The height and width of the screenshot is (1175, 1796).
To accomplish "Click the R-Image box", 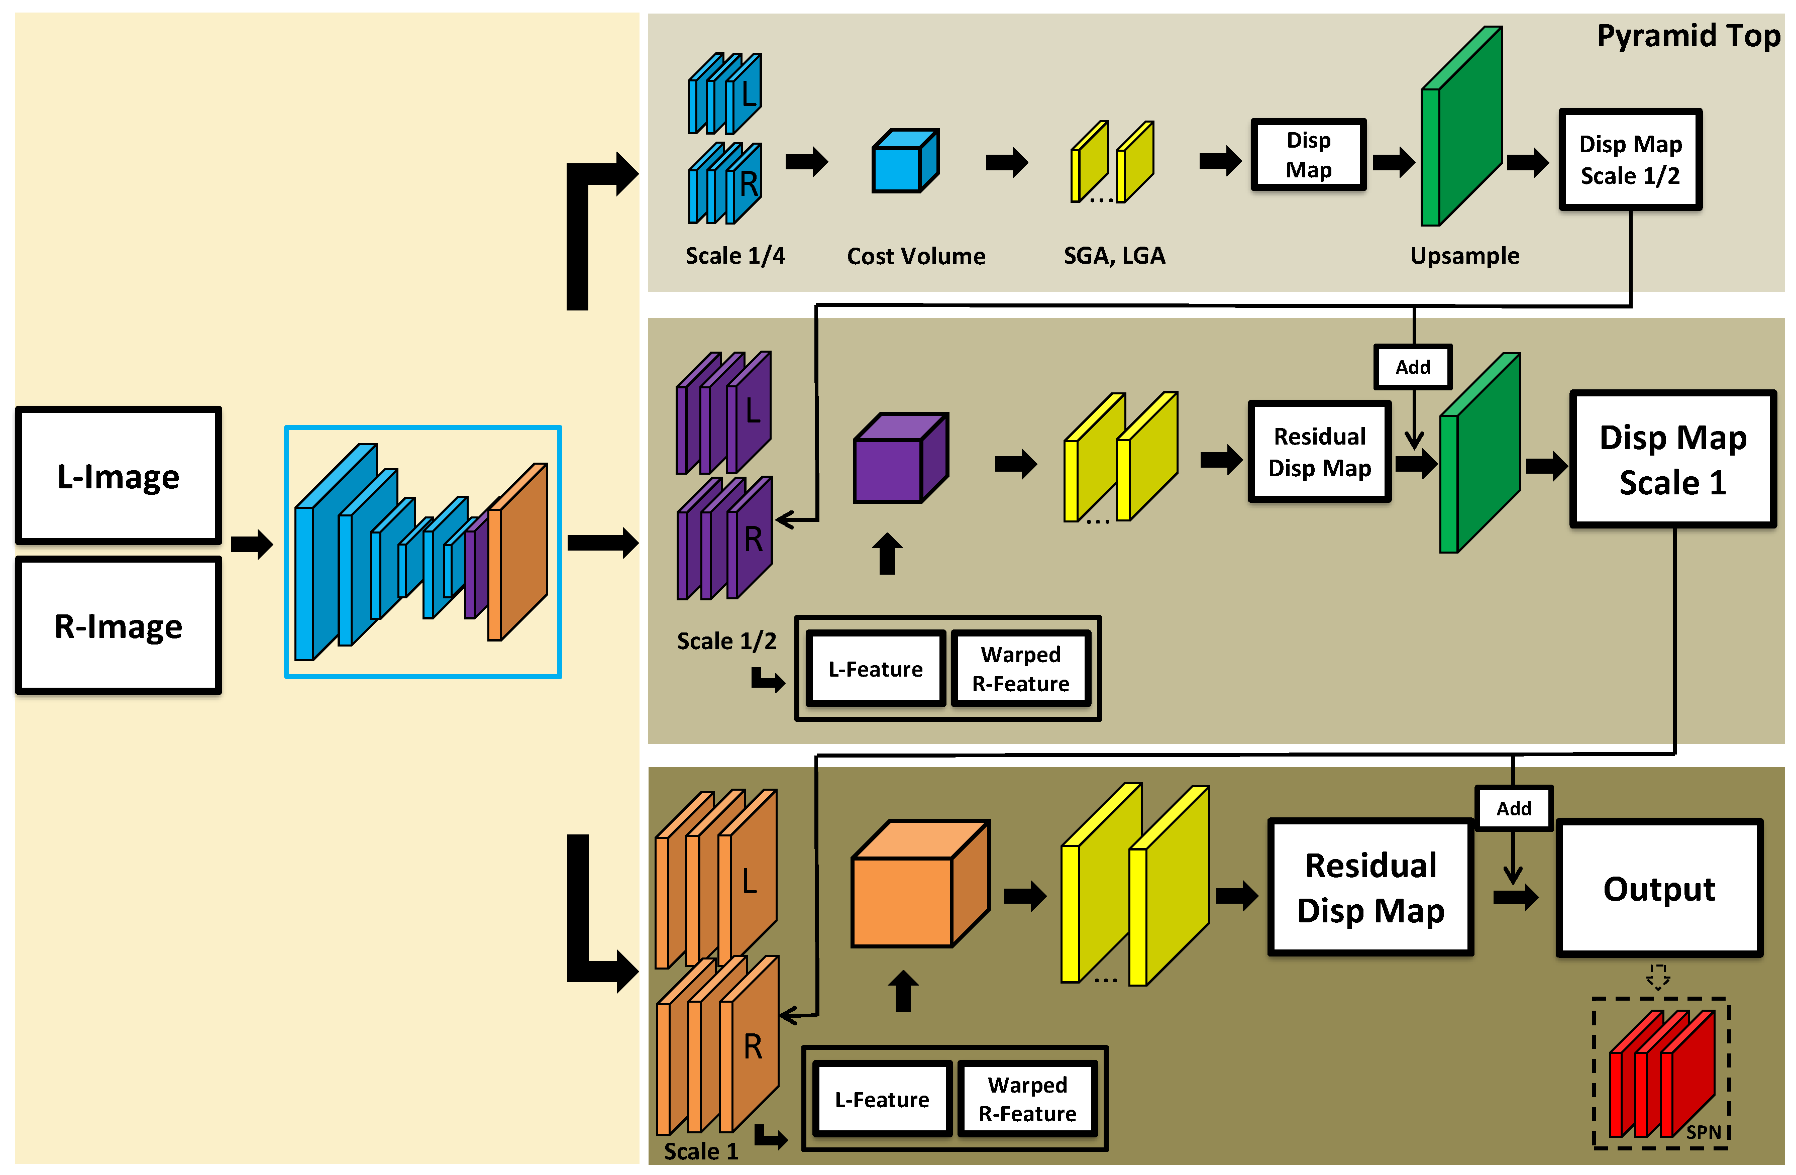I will click(x=119, y=625).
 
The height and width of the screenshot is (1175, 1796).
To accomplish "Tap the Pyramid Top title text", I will click(x=1687, y=36).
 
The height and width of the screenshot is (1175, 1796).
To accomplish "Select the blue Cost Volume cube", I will click(x=904, y=161).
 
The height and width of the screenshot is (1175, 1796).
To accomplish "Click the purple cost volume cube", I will click(x=900, y=459).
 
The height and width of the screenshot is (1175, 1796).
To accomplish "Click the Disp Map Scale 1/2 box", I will click(x=1630, y=160).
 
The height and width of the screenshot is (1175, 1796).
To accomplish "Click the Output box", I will click(x=1659, y=888).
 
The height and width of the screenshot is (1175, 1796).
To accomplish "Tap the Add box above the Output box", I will click(x=1513, y=808).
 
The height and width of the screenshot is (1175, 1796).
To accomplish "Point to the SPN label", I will click(x=1703, y=1132).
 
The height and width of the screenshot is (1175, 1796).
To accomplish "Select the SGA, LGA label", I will click(x=1114, y=256).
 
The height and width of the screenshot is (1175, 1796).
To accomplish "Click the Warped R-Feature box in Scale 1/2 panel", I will click(x=1020, y=669).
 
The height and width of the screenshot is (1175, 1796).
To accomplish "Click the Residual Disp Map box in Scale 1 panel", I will click(x=1370, y=888).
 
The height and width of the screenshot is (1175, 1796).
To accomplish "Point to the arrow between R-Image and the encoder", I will click(x=251, y=544).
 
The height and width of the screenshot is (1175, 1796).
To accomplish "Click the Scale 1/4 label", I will click(x=734, y=256).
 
